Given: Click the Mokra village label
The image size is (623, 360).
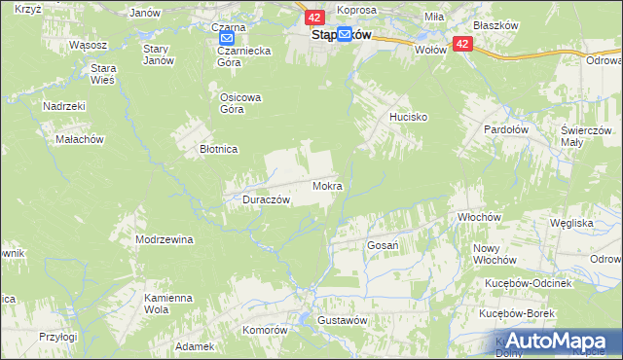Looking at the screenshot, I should pos(326,184).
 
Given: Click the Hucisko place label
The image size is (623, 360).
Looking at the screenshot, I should pos(402,116).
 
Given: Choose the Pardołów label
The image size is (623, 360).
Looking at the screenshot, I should pos(505,127).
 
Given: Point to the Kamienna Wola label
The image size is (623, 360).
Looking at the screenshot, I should pos(164,303).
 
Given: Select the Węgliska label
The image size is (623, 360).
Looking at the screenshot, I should pos(571,223).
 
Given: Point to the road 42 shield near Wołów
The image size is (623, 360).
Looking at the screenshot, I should pos(462,44).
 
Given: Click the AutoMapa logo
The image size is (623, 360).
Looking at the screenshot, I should pos(555,340).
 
